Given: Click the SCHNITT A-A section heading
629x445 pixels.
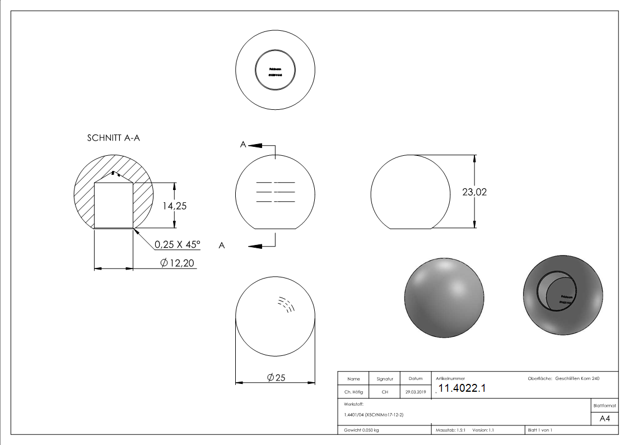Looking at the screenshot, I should pyautogui.click(x=113, y=138).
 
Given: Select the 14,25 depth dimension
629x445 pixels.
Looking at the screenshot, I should pyautogui.click(x=174, y=206).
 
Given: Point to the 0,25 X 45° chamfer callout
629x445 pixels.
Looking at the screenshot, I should pyautogui.click(x=178, y=244).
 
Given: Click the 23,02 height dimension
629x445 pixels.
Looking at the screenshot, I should pyautogui.click(x=474, y=192).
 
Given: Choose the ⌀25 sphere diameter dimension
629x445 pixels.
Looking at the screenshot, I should pyautogui.click(x=276, y=378).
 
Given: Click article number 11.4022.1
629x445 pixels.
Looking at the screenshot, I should pyautogui.click(x=462, y=388).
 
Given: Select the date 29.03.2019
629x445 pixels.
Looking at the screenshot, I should pyautogui.click(x=416, y=392).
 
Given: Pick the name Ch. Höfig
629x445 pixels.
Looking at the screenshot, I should pyautogui.click(x=353, y=392).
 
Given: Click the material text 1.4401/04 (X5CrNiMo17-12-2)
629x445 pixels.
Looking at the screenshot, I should pyautogui.click(x=374, y=415).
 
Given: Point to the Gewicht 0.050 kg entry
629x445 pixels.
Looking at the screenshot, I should pyautogui.click(x=361, y=430).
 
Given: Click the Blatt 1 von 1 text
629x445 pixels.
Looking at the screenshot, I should pyautogui.click(x=540, y=430).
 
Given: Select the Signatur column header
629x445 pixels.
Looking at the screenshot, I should pyautogui.click(x=385, y=379).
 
